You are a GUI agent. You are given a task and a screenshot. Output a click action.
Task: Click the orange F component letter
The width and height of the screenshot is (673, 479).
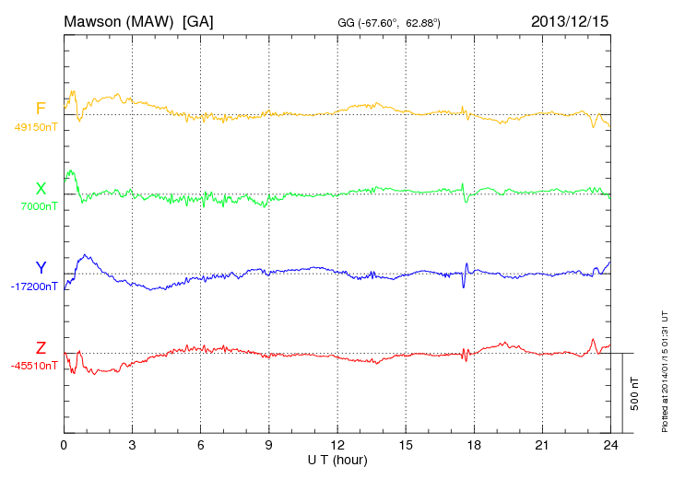coord(41,109)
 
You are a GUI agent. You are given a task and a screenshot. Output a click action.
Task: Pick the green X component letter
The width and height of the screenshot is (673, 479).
coord(41,189)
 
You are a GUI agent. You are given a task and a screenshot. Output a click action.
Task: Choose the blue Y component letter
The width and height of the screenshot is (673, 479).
coord(41,268)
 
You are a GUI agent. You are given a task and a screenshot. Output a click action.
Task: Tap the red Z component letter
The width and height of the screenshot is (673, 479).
coord(41,348)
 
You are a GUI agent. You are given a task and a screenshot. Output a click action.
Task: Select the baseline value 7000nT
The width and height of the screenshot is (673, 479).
coord(39,206)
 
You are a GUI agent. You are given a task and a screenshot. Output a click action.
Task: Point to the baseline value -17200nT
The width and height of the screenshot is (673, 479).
coord(36,286)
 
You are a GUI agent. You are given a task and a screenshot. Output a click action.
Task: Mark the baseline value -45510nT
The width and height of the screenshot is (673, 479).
coord(36,366)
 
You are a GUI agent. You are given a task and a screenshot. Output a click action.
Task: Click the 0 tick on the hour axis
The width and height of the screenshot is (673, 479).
coord(64,445)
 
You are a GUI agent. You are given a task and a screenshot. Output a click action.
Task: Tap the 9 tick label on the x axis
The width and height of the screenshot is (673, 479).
coord(268,445)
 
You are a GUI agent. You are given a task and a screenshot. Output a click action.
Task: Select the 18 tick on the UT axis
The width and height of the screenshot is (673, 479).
coord(473,445)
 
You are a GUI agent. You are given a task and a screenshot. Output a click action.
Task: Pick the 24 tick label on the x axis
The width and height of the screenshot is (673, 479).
coord(609,445)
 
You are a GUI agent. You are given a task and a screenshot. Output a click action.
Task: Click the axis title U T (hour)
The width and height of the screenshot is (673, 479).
coord(337,459)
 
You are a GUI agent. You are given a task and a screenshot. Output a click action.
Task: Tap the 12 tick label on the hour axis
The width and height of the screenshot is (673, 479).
coord(336,445)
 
